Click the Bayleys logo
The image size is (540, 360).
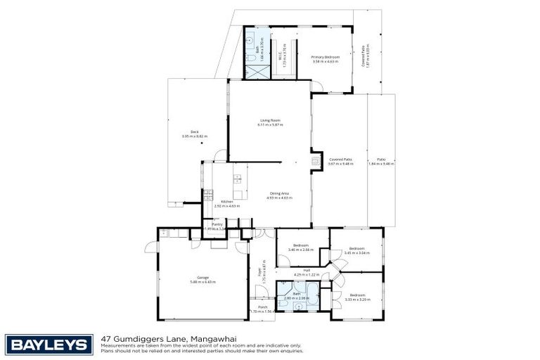49,345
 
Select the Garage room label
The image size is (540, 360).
202,280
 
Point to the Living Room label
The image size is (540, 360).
271,123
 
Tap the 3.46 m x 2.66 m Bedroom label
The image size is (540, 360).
301,247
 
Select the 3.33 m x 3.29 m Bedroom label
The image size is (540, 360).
357,297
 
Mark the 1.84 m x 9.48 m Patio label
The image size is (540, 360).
381,161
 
